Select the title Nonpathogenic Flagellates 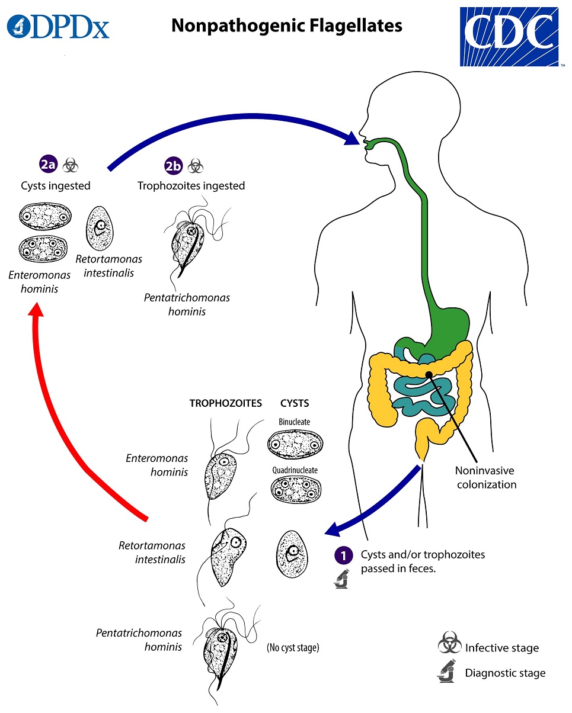point(287,25)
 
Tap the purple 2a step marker point(48,165)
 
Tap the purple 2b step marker point(174,166)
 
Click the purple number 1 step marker point(342,555)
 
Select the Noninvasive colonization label point(485,477)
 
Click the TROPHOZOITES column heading point(225,404)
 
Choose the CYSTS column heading point(295,404)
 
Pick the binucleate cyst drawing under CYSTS point(295,442)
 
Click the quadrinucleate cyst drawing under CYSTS point(295,490)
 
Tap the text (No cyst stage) point(293,648)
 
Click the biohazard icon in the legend point(449,645)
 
